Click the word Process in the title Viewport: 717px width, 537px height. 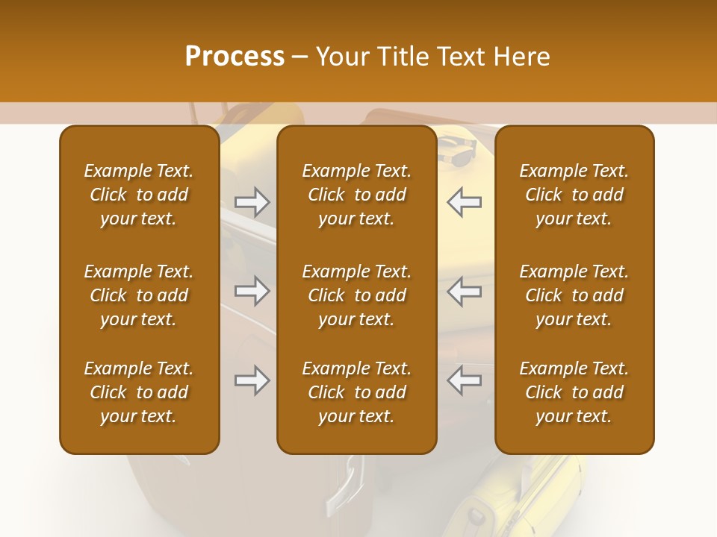pyautogui.click(x=235, y=57)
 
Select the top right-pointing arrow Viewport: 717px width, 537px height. pyautogui.click(x=252, y=201)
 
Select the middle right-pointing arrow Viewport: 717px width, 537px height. pyautogui.click(x=252, y=291)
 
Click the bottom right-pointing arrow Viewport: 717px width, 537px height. pyautogui.click(x=252, y=380)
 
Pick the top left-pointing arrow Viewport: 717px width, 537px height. pyautogui.click(x=464, y=201)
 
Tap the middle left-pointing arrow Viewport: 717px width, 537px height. pyautogui.click(x=464, y=291)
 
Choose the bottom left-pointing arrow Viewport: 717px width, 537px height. pyautogui.click(x=464, y=380)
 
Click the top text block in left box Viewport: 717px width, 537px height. pyautogui.click(x=139, y=195)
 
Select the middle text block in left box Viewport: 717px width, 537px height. pyautogui.click(x=139, y=295)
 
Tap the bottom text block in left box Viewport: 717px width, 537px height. pyautogui.click(x=139, y=392)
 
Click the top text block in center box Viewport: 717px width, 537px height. pyautogui.click(x=357, y=195)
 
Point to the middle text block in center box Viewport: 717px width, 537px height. pyautogui.click(x=357, y=295)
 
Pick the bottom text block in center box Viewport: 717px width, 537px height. pyautogui.click(x=357, y=392)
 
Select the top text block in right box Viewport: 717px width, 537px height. pyautogui.click(x=574, y=195)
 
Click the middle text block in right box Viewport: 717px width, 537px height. pyautogui.click(x=574, y=295)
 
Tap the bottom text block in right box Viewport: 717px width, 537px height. pyautogui.click(x=574, y=392)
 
